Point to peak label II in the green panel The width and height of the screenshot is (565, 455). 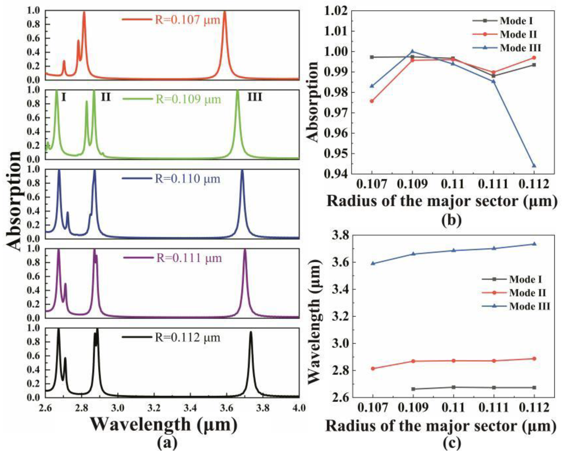(106, 97)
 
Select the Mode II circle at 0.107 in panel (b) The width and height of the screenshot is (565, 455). (372, 101)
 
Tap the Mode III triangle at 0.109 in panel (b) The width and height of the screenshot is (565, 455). (413, 51)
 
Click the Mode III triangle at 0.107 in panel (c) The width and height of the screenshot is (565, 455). (373, 263)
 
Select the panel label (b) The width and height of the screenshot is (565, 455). (451, 220)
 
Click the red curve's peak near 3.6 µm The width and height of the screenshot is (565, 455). (224, 12)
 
